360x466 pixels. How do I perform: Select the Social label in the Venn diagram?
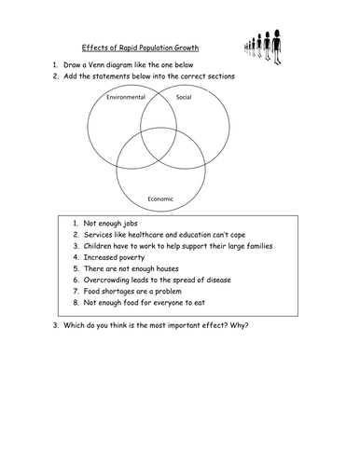(x=183, y=97)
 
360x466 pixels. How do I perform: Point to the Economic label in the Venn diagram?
(x=160, y=198)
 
